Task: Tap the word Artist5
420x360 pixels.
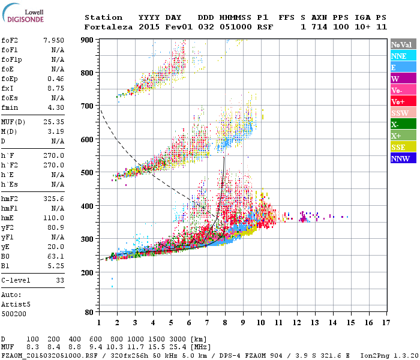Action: (15, 304)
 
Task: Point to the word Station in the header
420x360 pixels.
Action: (103, 17)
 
